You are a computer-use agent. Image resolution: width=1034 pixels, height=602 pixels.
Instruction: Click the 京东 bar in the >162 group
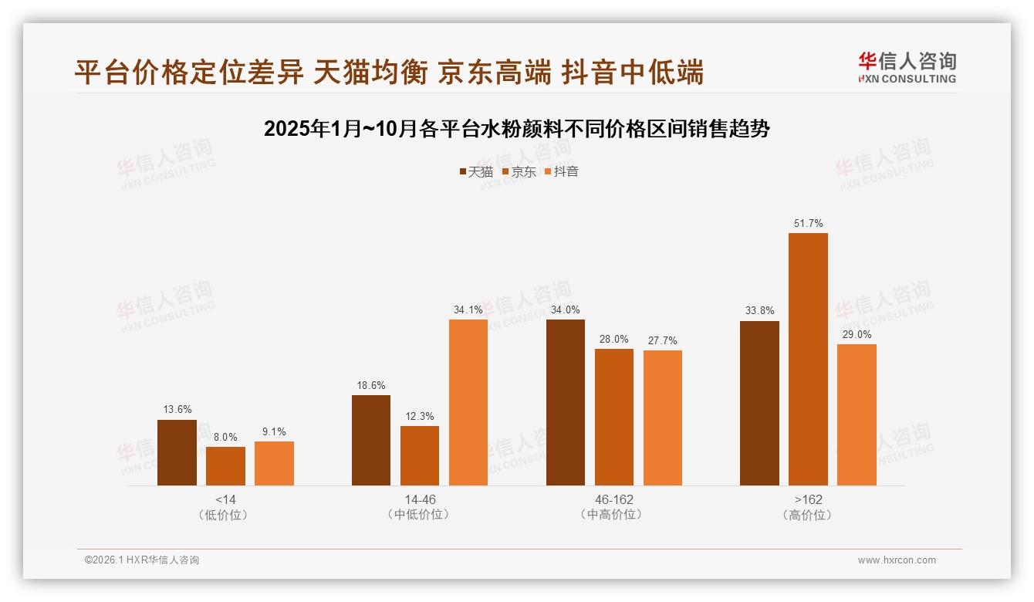pos(808,359)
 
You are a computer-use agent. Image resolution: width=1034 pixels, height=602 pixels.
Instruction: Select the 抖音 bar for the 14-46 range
pos(468,402)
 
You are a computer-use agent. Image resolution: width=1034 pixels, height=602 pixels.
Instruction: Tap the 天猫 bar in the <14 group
pos(177,452)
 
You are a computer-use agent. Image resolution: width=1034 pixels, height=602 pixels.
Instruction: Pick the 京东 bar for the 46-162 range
pos(613,417)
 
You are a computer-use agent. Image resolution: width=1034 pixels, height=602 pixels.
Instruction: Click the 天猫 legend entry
pos(475,171)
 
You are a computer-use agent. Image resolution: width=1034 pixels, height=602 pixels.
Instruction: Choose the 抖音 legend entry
pos(561,171)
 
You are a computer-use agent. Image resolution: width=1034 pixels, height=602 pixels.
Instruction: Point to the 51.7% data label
pos(808,224)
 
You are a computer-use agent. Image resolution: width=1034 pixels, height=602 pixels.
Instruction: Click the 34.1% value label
pos(468,309)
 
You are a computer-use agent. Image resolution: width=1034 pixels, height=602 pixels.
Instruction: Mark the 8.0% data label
pos(225,437)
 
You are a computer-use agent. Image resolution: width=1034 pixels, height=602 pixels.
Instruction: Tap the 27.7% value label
pos(662,340)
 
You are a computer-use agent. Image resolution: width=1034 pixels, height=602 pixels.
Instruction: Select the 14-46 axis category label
pos(420,499)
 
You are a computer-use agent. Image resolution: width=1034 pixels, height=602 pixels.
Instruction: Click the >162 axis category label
pos(808,499)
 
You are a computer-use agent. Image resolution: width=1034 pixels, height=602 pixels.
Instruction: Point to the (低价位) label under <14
pos(225,515)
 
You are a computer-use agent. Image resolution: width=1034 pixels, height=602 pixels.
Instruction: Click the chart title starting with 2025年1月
pos(516,129)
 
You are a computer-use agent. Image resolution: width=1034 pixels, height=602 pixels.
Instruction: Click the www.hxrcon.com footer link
pos(896,560)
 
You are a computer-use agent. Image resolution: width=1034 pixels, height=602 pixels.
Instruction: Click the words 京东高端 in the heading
pos(494,73)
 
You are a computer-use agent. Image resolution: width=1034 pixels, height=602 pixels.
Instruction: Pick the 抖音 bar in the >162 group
pos(857,414)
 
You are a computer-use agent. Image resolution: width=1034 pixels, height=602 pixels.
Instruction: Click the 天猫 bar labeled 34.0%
pos(566,402)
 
